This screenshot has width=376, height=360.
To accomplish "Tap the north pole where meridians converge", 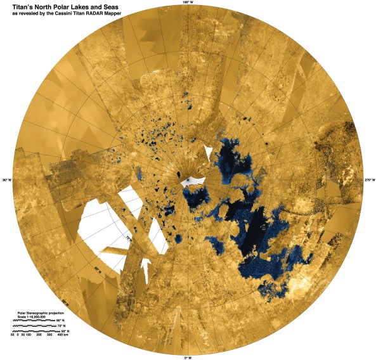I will coord(188,179).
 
